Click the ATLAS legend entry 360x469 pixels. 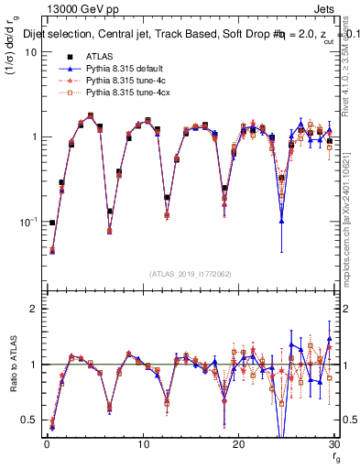(100, 57)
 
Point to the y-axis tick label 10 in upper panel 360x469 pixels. (29, 52)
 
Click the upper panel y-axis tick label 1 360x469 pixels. (33, 137)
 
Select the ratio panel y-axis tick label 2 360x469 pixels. (33, 309)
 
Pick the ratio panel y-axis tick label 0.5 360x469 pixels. (28, 420)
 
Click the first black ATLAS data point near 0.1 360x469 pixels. (52, 223)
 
